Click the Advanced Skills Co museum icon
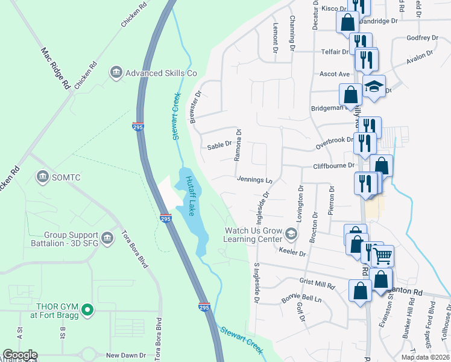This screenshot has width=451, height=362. pyautogui.click(x=115, y=73)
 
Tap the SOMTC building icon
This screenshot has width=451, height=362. pyautogui.click(x=42, y=177)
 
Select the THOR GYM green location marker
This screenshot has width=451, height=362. pyautogui.click(x=87, y=311)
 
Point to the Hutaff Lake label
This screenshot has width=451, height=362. pyautogui.click(x=191, y=195)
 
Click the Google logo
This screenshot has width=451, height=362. pyautogui.click(x=20, y=355)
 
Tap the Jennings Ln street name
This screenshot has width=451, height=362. pyautogui.click(x=254, y=179)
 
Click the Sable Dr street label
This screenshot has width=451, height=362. pyautogui.click(x=219, y=145)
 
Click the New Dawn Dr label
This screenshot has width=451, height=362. pyautogui.click(x=126, y=356)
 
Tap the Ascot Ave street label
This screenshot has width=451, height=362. pyautogui.click(x=335, y=74)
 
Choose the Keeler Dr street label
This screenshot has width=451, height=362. pyautogui.click(x=292, y=253)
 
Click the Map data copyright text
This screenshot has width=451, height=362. pyautogui.click(x=425, y=357)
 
